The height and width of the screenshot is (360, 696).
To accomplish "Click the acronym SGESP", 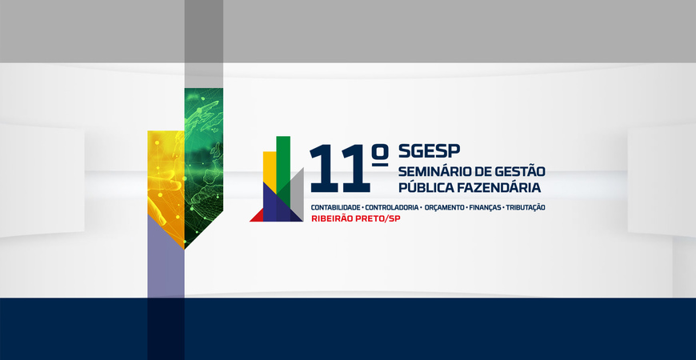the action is pos(429,151).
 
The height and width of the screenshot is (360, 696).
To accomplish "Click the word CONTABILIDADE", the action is pos(335,207).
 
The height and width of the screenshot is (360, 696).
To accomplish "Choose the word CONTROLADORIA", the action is pos(391,207).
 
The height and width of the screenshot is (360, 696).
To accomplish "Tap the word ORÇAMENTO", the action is pos(444,207).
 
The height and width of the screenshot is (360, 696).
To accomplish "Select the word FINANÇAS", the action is pos(485,207).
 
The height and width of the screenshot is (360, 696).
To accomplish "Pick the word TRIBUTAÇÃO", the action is pos(526,207).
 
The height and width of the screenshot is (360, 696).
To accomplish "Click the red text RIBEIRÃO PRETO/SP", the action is pos(355,218).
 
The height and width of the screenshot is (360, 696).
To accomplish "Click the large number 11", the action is pos(340,169).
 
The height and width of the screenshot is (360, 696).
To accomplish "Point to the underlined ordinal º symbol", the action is pos(380,156).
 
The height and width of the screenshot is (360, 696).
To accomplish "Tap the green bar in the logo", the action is pos(283,163).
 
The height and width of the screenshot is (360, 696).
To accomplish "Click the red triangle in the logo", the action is pos(258,217).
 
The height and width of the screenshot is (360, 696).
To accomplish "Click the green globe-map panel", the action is pos(204,164).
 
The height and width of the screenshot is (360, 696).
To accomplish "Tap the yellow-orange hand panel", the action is pos(166,182).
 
